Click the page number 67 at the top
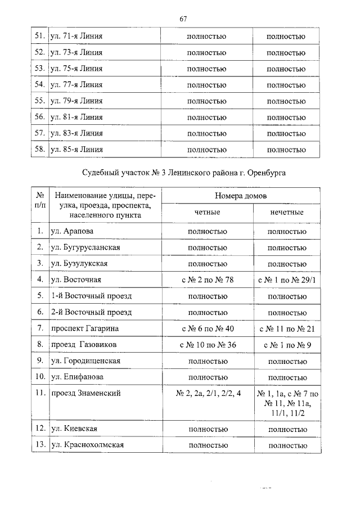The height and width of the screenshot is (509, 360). (x=183, y=19)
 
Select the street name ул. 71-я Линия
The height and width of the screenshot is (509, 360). (x=76, y=37)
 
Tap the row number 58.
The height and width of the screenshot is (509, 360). (x=39, y=150)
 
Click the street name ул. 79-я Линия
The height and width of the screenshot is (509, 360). (x=76, y=101)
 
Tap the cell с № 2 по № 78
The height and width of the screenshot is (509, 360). (x=206, y=280)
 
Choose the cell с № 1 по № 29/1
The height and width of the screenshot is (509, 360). (x=286, y=280)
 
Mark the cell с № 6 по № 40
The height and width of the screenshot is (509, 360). (x=206, y=328)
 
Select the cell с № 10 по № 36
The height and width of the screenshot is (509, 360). (x=206, y=344)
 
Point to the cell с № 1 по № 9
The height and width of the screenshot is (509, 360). (x=286, y=344)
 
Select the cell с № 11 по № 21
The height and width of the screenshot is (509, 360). (x=286, y=328)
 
